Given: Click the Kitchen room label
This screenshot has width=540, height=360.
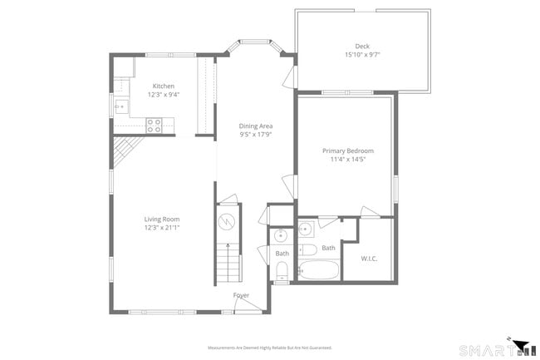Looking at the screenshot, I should (163, 86).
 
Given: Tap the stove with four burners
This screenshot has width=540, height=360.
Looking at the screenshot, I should (155, 125).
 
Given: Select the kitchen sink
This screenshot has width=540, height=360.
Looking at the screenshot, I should (120, 106).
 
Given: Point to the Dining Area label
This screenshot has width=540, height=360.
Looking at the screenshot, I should (256, 126).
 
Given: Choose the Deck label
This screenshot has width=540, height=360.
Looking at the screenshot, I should (362, 47).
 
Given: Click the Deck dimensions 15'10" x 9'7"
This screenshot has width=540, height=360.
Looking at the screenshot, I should (362, 55).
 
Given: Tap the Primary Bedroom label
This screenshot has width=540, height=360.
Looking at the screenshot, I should (348, 150).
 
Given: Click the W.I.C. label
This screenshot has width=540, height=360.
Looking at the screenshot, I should (370, 259).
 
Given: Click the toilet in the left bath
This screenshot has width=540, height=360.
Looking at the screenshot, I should (282, 269).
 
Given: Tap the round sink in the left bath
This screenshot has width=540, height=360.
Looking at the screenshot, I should (282, 236).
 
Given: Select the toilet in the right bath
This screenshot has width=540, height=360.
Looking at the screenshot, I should (307, 249).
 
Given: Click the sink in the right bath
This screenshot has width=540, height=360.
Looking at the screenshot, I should (306, 229).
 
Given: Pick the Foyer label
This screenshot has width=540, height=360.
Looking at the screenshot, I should (241, 295).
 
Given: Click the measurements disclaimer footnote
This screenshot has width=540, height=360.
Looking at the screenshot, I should (269, 348).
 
